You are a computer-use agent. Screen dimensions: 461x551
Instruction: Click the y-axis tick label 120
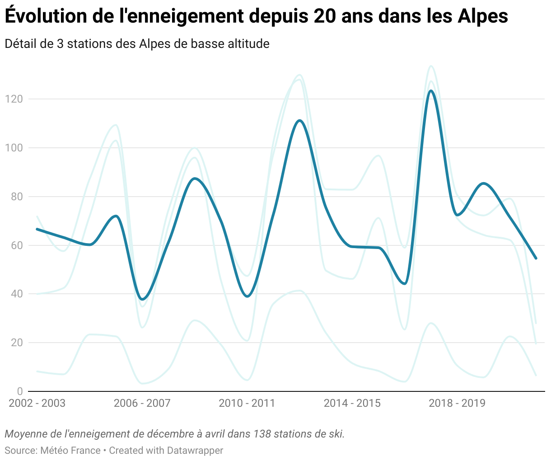[14, 99]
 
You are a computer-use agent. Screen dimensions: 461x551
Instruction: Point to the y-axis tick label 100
[14, 148]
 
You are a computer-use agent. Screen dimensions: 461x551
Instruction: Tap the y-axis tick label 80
[16, 197]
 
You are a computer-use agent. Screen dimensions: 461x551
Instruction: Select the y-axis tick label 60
[16, 245]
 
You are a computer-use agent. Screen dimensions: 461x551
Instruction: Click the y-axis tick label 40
[16, 294]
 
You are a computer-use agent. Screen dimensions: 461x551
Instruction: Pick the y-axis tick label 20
[16, 343]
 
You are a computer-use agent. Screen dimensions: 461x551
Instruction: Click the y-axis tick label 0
[19, 391]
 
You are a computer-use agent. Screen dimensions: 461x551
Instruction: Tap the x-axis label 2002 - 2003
[37, 403]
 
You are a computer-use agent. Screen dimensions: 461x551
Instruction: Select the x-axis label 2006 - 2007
[142, 403]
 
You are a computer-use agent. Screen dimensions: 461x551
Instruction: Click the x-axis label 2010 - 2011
[247, 403]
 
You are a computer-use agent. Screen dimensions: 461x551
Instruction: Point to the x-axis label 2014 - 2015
[352, 403]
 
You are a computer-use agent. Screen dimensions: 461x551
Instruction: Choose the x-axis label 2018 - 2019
[457, 403]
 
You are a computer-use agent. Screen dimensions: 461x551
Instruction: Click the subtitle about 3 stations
[137, 44]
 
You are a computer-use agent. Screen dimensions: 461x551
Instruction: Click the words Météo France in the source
[70, 451]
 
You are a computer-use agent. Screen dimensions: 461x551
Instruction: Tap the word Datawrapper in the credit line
[195, 451]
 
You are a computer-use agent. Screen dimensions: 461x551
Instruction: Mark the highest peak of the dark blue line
[431, 91]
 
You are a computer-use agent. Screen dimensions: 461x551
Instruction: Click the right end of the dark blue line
[536, 259]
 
